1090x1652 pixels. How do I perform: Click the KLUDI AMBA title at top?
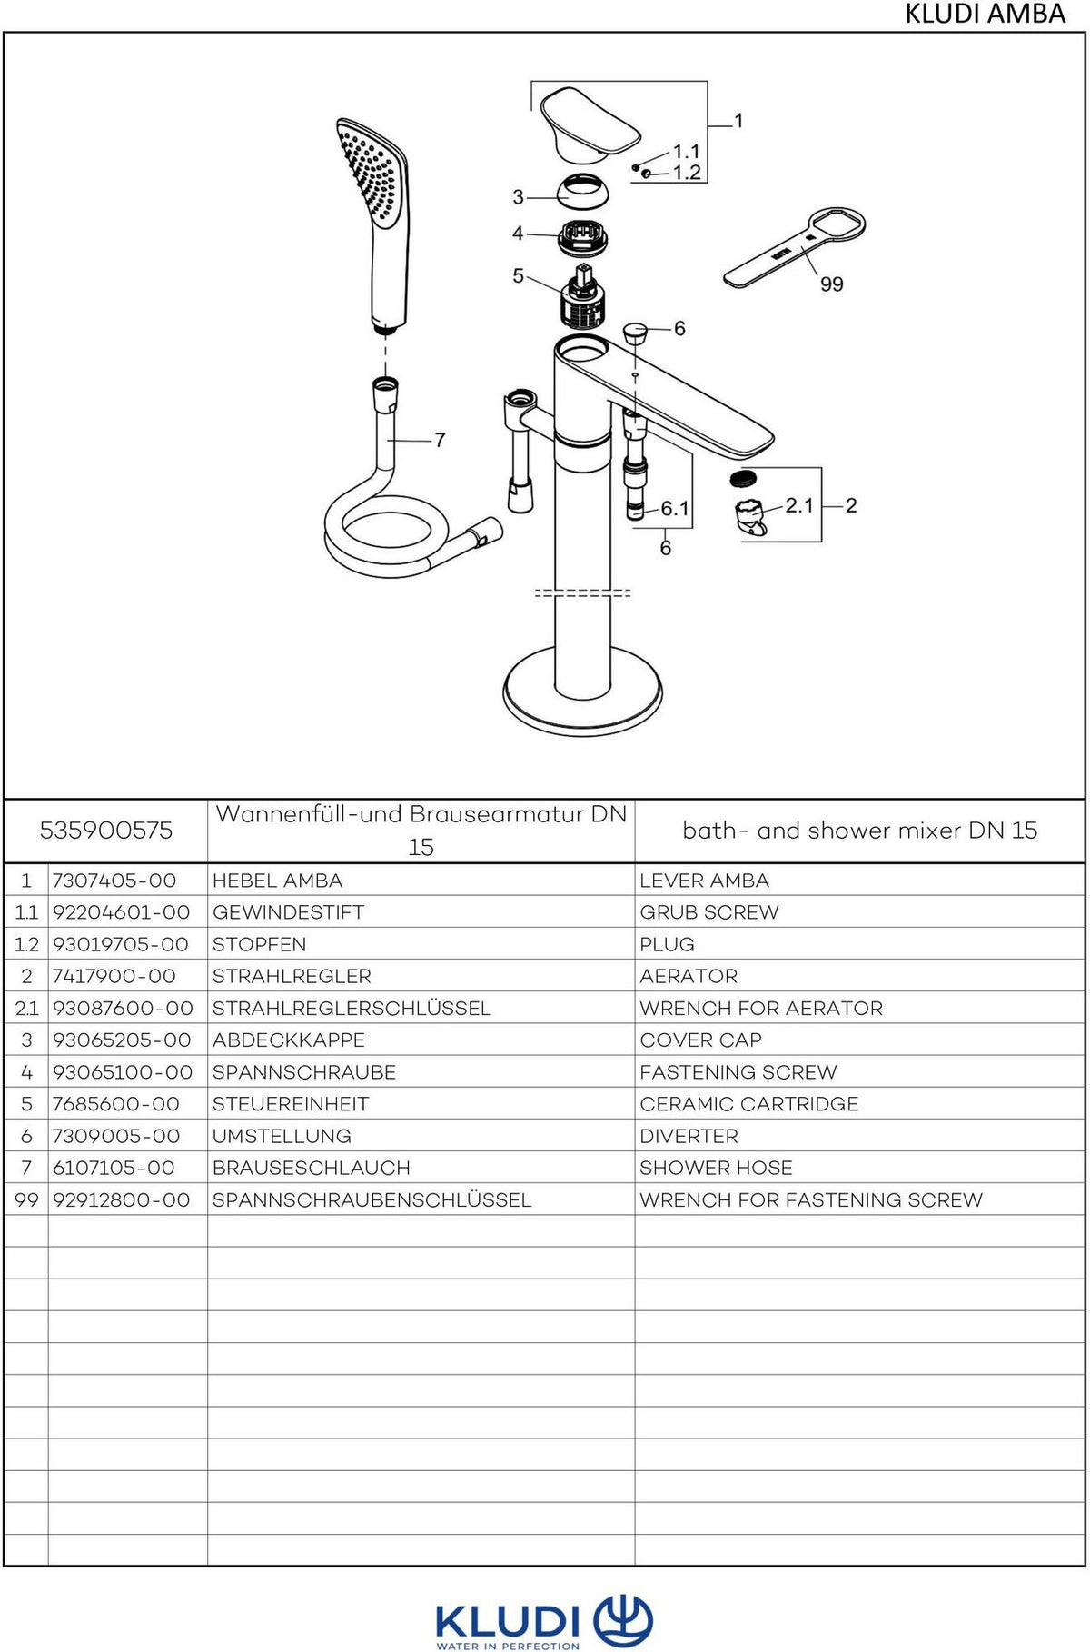[x=985, y=14]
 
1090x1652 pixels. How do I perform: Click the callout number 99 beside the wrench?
[x=831, y=284]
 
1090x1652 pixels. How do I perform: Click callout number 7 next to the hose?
[x=440, y=440]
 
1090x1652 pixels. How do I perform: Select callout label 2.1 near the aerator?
[x=799, y=505]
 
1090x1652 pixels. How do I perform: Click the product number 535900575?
[x=105, y=831]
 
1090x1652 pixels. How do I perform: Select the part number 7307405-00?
[x=114, y=881]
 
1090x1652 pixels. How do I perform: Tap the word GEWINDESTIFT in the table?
[x=288, y=912]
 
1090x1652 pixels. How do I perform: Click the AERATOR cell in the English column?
[x=689, y=976]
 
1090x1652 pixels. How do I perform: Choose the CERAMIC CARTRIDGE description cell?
[x=748, y=1104]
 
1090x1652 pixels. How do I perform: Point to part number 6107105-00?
[x=114, y=1168]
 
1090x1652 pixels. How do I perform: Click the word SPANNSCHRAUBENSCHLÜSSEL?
[x=372, y=1199]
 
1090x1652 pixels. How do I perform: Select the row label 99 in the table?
[x=26, y=1200]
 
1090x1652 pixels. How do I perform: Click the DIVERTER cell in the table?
[x=689, y=1136]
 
